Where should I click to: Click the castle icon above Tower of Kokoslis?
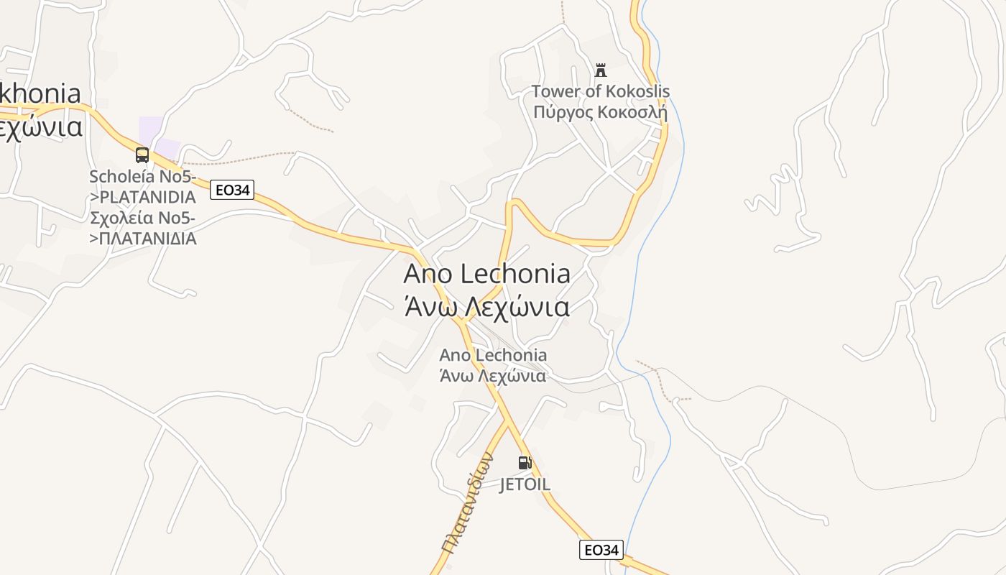[x=601, y=70]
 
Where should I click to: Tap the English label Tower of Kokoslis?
[x=601, y=91]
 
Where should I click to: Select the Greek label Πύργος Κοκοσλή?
[x=601, y=112]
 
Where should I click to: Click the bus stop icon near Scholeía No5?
[x=142, y=155]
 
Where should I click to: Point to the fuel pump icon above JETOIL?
[x=525, y=463]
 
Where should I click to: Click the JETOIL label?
[x=525, y=484]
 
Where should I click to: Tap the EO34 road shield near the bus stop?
[x=232, y=190]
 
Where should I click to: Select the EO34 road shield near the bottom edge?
[x=601, y=550]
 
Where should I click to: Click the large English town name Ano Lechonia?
[x=487, y=274]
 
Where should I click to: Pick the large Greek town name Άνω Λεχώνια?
[x=487, y=307]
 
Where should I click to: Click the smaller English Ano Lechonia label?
[x=493, y=355]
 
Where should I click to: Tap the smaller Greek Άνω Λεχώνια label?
[x=493, y=375]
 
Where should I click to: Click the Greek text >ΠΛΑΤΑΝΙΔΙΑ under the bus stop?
[x=143, y=239]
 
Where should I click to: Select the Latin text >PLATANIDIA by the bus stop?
[x=143, y=197]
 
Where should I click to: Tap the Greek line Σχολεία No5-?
[x=143, y=218]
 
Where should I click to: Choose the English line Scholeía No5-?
[x=143, y=176]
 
